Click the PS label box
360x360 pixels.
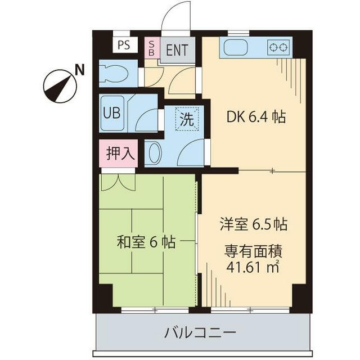[124, 45]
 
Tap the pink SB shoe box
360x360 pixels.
[151, 47]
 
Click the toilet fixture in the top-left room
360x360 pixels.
[114, 73]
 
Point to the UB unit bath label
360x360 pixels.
[110, 111]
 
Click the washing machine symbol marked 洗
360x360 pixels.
[186, 119]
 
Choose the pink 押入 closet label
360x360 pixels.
[118, 153]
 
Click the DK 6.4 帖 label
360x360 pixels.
[256, 117]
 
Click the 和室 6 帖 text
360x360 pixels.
[146, 242]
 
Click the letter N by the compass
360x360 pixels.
[80, 70]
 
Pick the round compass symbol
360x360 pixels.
[60, 85]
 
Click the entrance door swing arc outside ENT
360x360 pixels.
[177, 17]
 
